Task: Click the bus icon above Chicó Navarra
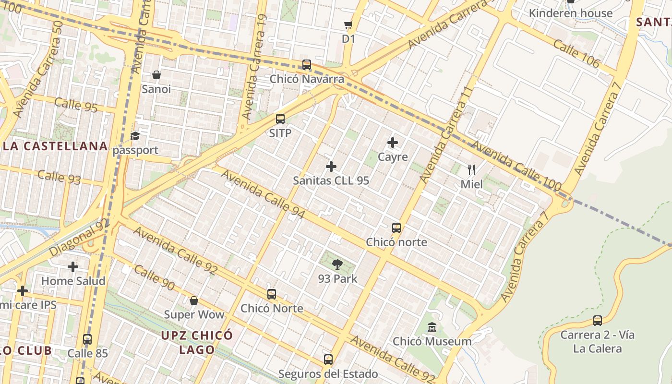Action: (307, 65)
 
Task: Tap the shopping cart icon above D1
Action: (348, 24)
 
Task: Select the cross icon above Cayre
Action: (393, 143)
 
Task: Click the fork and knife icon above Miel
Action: (471, 169)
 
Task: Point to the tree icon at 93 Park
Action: (337, 264)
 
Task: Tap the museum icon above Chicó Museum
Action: (432, 327)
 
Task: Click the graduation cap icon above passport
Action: (135, 136)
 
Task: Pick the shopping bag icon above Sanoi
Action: (156, 75)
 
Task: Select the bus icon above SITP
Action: (280, 119)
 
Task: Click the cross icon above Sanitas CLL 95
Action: (331, 167)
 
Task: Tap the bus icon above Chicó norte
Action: (396, 228)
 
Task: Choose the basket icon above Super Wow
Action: (194, 300)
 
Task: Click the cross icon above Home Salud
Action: (73, 266)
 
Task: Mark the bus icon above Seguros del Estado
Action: (328, 359)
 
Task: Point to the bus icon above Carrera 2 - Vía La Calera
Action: (598, 320)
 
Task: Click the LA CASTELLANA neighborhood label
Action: (54, 146)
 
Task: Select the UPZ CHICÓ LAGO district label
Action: (197, 342)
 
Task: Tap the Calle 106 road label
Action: (576, 53)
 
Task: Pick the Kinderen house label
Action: (571, 13)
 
